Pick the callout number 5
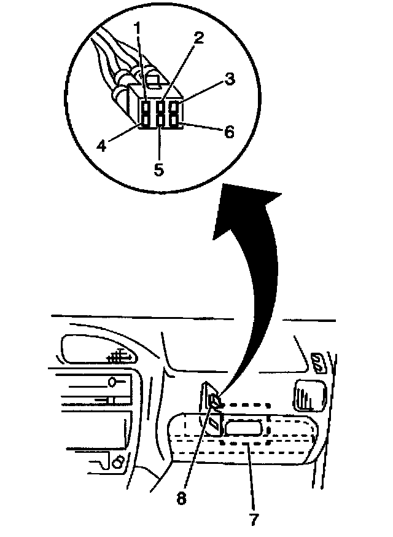coord(158,170)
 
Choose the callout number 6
coord(228,131)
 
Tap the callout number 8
coord(181,498)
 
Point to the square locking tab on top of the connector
coord(154,78)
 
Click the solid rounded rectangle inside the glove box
coord(244,426)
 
